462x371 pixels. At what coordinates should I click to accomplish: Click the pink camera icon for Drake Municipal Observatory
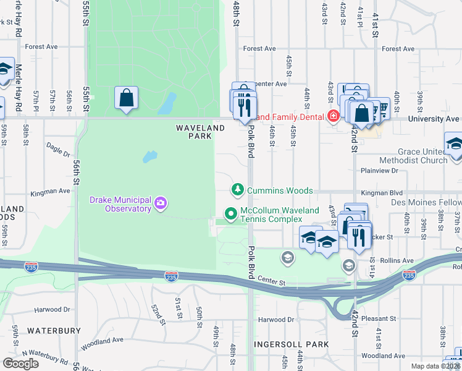coord(161,203)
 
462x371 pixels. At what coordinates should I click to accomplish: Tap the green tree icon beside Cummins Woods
coord(237,189)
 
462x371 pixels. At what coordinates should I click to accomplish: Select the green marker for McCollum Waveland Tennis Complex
coord(231,213)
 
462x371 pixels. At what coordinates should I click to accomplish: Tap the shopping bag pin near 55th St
coord(126,98)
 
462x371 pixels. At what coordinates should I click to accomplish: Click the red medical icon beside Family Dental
coord(334,116)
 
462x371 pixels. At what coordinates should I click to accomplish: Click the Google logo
coord(20,364)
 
